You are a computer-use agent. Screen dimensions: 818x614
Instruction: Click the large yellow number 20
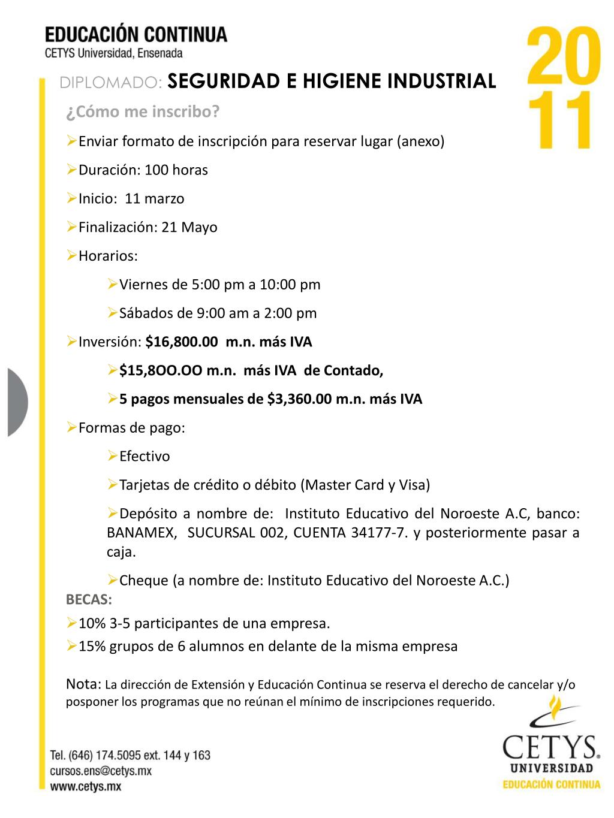tap(562, 58)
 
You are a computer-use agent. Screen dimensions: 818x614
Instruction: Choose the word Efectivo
tap(145, 457)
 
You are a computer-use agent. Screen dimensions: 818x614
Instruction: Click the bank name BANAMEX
tap(142, 533)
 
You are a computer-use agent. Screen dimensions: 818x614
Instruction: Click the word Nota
tap(83, 684)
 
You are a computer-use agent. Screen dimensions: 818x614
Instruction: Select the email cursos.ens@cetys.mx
tap(100, 771)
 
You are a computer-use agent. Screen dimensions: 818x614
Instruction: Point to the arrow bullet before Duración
tap(71, 170)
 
